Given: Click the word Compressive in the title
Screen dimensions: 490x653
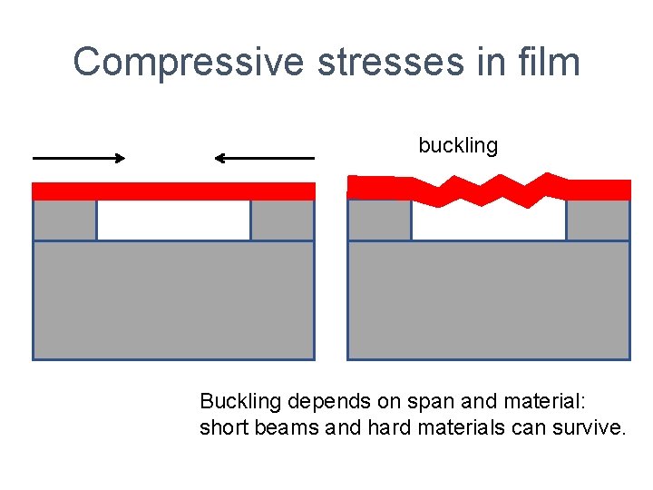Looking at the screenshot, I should [x=190, y=62].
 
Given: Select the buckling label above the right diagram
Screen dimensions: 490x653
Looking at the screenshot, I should [x=458, y=145].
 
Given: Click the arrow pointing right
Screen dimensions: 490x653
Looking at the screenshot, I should [x=79, y=158].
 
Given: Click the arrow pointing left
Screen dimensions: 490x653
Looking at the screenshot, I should [x=264, y=158].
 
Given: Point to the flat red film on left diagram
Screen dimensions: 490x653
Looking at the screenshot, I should [x=173, y=191].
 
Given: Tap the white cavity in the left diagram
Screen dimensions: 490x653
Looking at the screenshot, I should [x=173, y=220].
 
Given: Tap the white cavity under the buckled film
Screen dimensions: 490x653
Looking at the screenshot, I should [x=488, y=223].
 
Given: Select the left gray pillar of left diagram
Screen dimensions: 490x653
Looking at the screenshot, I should [x=64, y=220].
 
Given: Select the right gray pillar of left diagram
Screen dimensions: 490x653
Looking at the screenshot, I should [x=282, y=220].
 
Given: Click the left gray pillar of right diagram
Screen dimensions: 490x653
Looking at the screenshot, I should [x=379, y=220].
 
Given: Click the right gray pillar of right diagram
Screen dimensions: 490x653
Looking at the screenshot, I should [x=598, y=220].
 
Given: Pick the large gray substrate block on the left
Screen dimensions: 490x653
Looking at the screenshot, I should [x=173, y=300].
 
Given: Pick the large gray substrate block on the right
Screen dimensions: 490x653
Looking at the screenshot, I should [x=488, y=300].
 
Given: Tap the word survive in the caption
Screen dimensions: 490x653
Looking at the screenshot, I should [x=593, y=427].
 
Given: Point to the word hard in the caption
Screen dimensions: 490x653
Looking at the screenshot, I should [x=385, y=427].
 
